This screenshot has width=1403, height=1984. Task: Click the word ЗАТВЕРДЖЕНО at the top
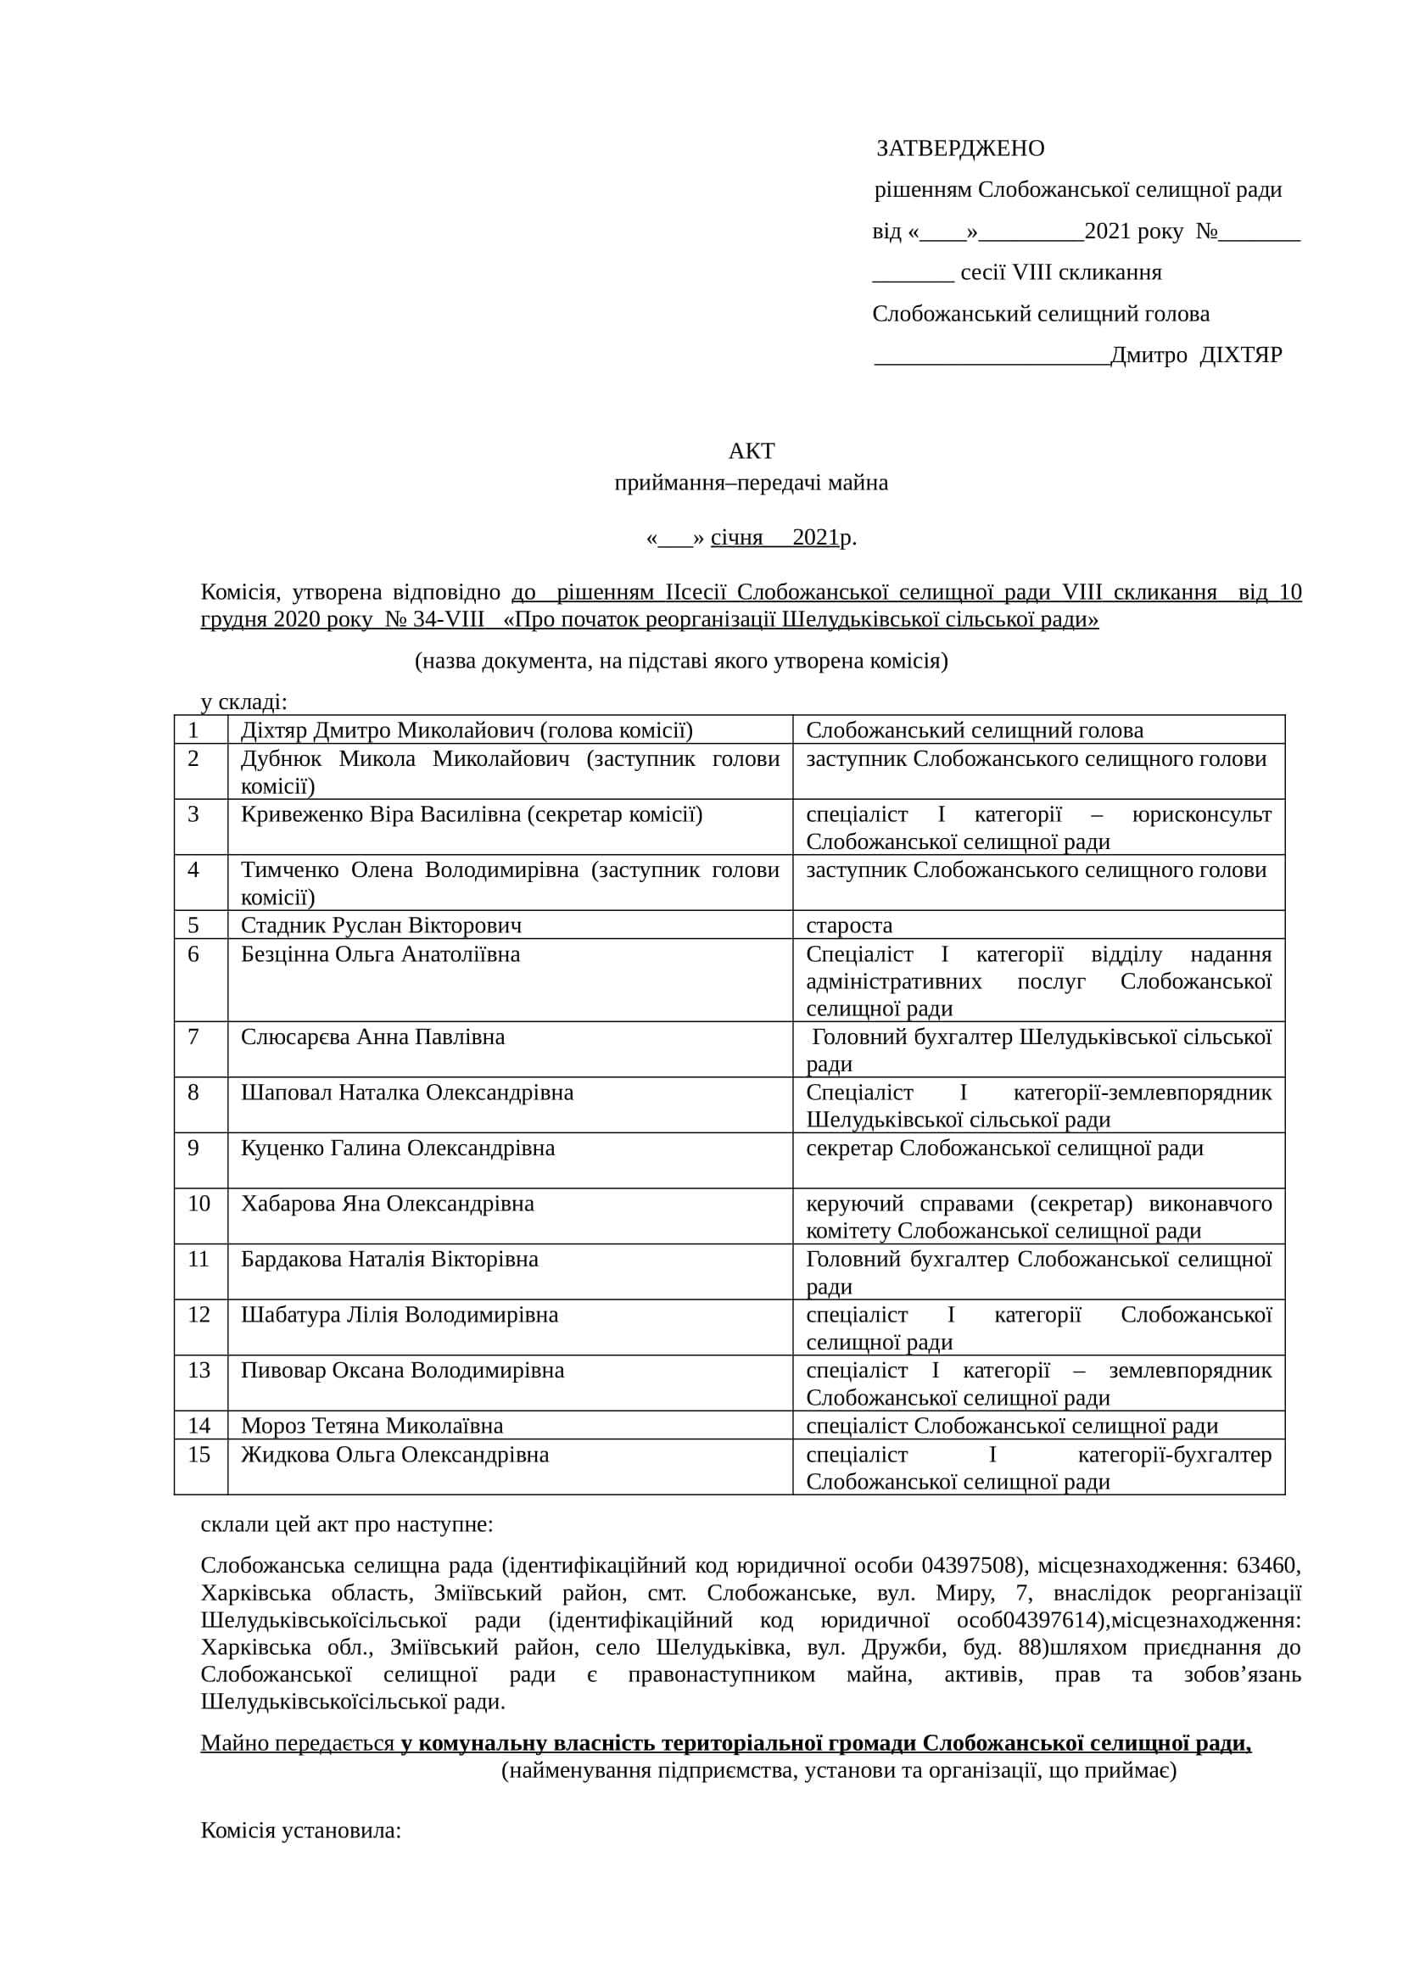[960, 148]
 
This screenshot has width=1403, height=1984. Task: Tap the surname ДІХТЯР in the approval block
[1241, 355]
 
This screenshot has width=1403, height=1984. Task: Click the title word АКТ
[752, 451]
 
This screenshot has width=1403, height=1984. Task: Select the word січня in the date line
[736, 538]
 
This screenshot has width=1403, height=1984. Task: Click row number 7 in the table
[193, 1037]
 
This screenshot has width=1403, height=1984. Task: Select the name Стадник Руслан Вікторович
[381, 925]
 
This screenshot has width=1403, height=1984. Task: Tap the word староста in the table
[848, 925]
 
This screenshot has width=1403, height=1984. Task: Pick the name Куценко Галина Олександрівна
[397, 1148]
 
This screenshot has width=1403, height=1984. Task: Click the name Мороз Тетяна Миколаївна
[372, 1426]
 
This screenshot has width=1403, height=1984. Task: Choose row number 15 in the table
[198, 1456]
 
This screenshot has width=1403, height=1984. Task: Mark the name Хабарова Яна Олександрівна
[387, 1204]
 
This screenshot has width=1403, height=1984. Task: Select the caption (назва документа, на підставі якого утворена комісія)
[681, 661]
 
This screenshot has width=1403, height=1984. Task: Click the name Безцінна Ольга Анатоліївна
[380, 955]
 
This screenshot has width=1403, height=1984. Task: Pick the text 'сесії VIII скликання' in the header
[1061, 273]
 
